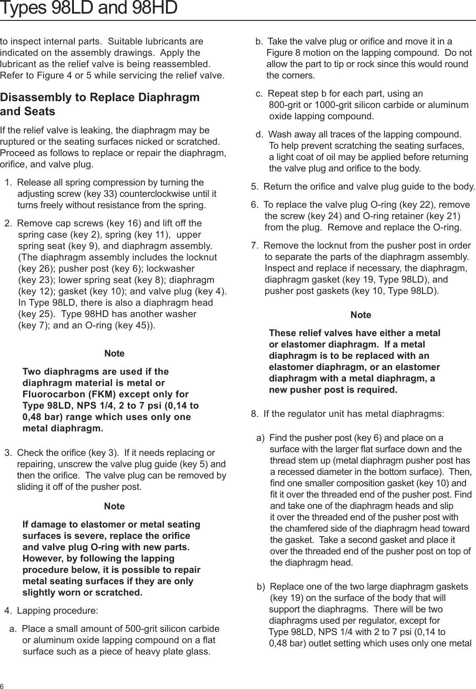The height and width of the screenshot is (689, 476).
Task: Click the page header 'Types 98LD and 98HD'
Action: (x=88, y=8)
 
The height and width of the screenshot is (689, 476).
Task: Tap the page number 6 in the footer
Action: (x=3, y=685)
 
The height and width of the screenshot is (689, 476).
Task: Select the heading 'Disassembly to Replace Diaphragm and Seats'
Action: (x=100, y=104)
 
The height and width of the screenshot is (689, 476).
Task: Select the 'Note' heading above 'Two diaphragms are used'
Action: (x=114, y=353)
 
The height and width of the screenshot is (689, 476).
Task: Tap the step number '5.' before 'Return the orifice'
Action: (x=255, y=187)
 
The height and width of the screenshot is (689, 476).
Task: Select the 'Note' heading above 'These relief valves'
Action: (x=361, y=315)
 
